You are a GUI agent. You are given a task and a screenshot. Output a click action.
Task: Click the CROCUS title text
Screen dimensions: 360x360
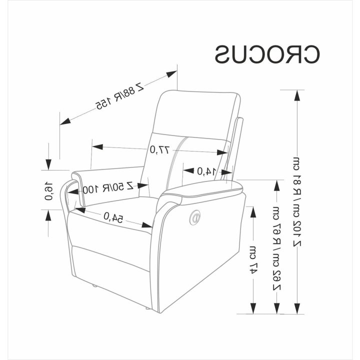click(x=267, y=54)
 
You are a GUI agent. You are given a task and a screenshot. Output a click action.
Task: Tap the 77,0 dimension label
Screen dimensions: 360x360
click(x=160, y=150)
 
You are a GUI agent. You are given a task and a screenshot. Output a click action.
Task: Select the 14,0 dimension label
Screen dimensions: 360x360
click(x=206, y=171)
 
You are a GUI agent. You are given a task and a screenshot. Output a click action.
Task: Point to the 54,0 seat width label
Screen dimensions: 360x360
click(x=113, y=217)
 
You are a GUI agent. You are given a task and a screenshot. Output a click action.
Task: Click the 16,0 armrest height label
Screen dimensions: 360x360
click(x=49, y=191)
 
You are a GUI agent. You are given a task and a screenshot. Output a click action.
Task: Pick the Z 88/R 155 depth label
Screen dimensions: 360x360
click(x=119, y=96)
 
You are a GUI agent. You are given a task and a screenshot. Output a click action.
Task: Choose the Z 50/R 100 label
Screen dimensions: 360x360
click(x=108, y=187)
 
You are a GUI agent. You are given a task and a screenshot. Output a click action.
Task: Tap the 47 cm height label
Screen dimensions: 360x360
click(x=253, y=260)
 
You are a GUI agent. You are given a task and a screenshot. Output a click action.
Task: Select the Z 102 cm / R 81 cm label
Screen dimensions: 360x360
click(x=297, y=202)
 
